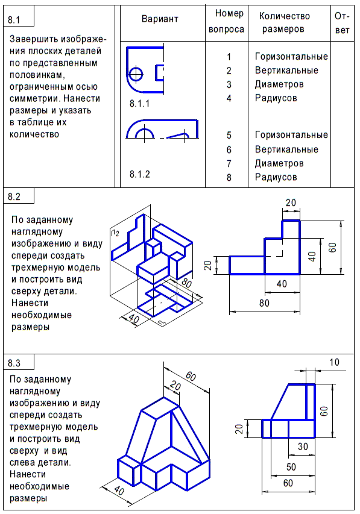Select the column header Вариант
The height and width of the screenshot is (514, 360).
tap(160, 19)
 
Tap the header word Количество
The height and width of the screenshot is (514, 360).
tap(284, 16)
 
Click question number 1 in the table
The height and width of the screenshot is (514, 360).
tap(229, 57)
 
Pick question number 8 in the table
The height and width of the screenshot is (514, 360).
tap(229, 178)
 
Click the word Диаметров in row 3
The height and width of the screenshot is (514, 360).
tap(279, 84)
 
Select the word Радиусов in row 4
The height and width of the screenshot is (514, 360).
tap(276, 98)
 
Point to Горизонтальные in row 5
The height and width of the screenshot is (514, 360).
tap(291, 135)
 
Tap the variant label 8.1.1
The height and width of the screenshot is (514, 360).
tap(139, 104)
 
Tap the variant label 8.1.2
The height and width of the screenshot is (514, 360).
tap(139, 175)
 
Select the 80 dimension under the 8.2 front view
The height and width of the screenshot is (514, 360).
tap(264, 303)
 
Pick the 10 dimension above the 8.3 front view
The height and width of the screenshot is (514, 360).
tap(335, 362)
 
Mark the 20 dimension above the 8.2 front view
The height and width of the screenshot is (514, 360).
tap(291, 203)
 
